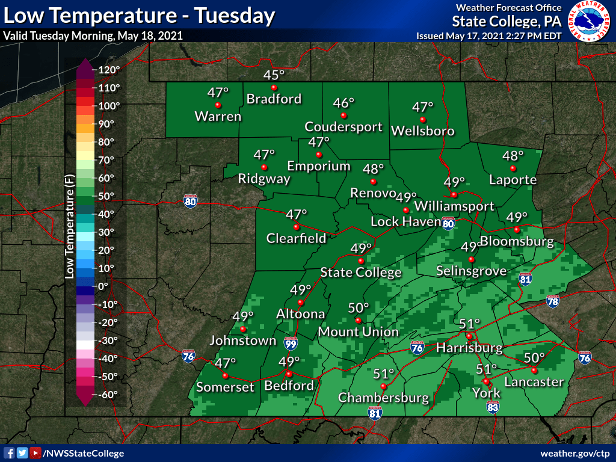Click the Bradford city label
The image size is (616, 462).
(x=274, y=99)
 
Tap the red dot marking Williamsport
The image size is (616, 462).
(x=454, y=195)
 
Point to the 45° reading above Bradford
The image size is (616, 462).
(x=274, y=75)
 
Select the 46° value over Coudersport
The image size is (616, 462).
(x=345, y=103)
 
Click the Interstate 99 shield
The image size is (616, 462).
(x=291, y=342)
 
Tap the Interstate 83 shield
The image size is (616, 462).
(x=493, y=408)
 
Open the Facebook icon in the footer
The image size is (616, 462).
(x=9, y=453)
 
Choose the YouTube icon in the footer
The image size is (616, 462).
(x=35, y=453)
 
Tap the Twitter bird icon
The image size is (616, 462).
(x=22, y=453)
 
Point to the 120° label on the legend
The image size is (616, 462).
(x=110, y=70)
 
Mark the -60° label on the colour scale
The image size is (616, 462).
(x=109, y=395)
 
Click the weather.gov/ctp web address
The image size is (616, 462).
(x=575, y=453)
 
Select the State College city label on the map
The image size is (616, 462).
(x=360, y=273)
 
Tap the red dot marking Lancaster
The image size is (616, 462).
(x=534, y=371)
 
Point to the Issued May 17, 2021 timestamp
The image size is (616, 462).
(x=488, y=36)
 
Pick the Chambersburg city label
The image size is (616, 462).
(x=383, y=398)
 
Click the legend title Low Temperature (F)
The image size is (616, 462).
(x=69, y=232)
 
